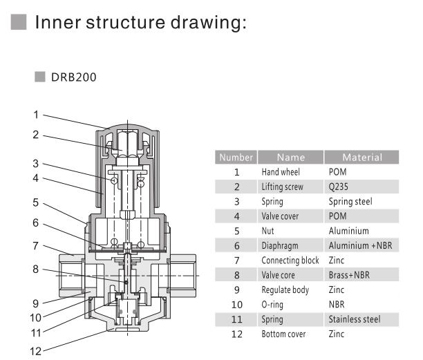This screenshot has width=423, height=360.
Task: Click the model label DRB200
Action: click(x=73, y=77)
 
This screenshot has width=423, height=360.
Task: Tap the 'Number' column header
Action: click(x=236, y=158)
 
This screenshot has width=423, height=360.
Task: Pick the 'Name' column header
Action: click(x=290, y=158)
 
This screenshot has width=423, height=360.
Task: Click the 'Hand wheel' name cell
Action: click(x=280, y=171)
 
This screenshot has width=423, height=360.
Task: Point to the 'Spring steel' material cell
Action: click(x=350, y=201)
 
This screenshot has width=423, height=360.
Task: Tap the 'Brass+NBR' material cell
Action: click(x=348, y=275)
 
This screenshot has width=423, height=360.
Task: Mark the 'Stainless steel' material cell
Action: click(x=354, y=319)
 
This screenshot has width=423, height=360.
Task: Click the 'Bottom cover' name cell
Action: click(x=283, y=334)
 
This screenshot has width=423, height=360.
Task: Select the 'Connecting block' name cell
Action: click(x=290, y=260)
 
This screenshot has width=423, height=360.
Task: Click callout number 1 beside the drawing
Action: click(x=35, y=114)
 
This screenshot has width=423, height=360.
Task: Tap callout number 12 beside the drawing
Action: click(x=37, y=350)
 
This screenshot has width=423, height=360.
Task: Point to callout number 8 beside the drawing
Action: click(x=35, y=269)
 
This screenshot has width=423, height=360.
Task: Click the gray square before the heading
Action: click(x=19, y=23)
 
